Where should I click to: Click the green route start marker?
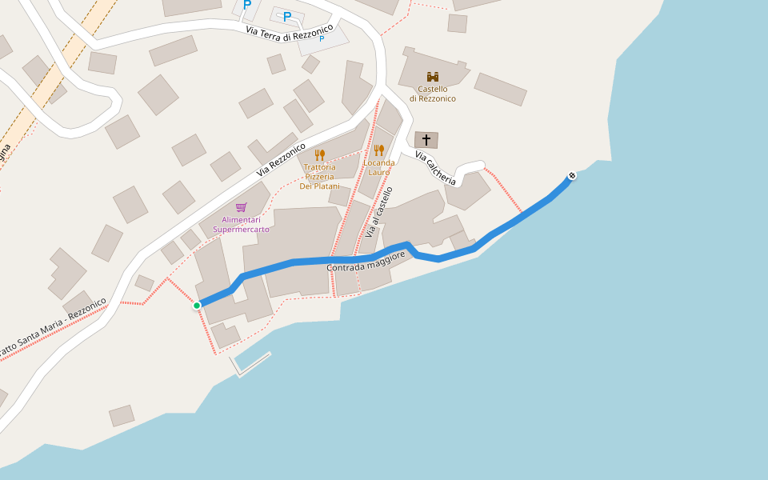pos(197,305)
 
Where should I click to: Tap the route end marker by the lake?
pos(571,176)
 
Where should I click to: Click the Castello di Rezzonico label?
pos(433,94)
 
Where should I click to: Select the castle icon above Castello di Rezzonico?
pos(433,77)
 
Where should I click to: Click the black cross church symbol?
pos(426,140)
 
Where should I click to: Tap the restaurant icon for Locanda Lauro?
pos(379,150)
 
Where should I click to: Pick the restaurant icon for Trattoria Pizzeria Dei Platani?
pos(320,154)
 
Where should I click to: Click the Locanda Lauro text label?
pos(379,167)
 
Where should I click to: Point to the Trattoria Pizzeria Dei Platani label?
pos(319,177)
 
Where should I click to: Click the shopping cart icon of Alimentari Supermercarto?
pos(241,207)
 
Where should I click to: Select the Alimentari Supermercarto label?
pos(241,224)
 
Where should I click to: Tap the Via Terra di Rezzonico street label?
pos(290,29)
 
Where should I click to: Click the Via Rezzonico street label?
pos(281,160)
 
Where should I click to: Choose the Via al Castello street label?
pos(379,213)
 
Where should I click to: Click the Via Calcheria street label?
pos(435,168)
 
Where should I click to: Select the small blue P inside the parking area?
pos(322,38)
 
